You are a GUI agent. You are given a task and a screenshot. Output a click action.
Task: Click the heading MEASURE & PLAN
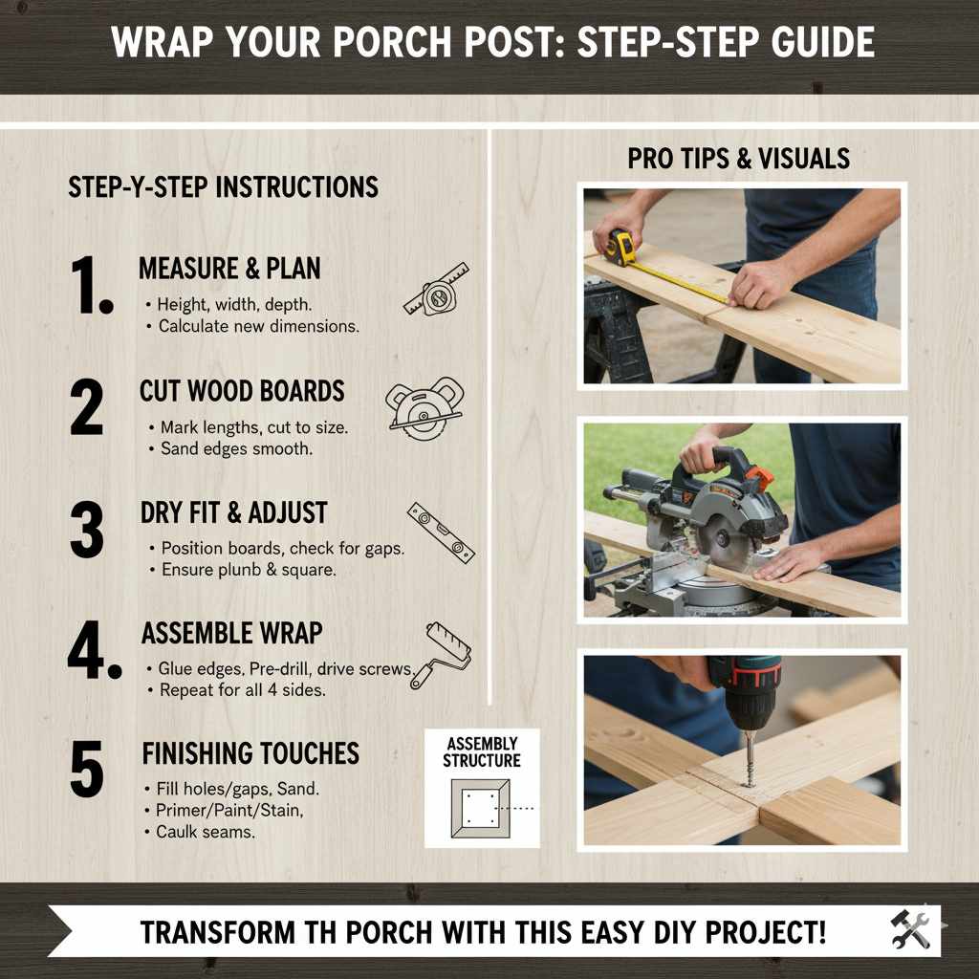[229, 269]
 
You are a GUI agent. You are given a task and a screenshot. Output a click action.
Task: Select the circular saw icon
[424, 407]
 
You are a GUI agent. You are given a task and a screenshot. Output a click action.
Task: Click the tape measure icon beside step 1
[436, 290]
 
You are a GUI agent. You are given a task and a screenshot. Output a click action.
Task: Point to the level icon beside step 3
[440, 532]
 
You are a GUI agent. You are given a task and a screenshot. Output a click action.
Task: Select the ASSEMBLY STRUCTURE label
[482, 752]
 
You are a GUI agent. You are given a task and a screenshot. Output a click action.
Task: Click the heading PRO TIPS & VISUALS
[738, 159]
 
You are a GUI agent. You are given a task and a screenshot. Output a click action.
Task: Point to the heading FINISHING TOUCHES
[250, 753]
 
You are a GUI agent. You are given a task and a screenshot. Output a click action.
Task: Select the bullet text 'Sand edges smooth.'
[236, 448]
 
